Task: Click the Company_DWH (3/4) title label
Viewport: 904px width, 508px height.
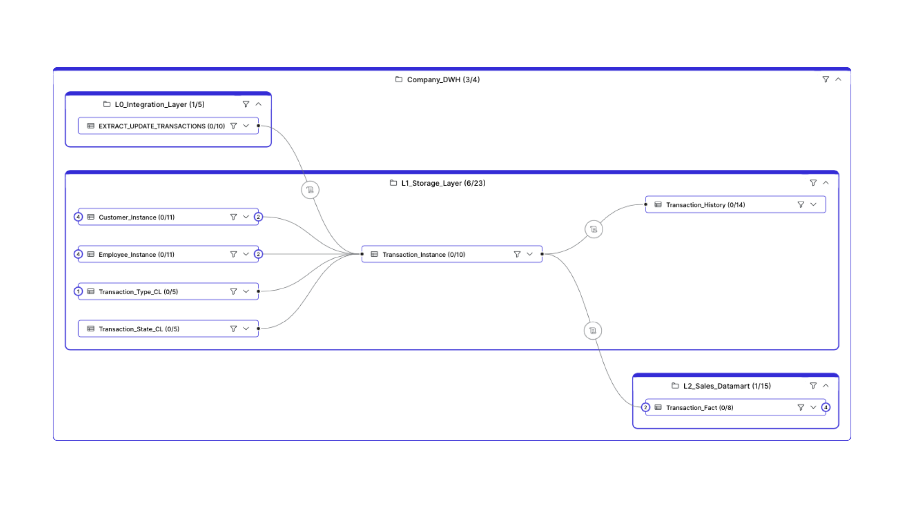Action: coord(443,79)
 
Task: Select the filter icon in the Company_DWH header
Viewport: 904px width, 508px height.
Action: coord(825,79)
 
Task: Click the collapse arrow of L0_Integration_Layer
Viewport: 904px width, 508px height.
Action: coord(258,104)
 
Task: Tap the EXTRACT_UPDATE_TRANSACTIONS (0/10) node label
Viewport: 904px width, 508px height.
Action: coord(161,126)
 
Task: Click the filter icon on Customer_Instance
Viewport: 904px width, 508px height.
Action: coord(233,217)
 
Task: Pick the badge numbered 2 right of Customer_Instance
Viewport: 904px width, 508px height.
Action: coord(258,217)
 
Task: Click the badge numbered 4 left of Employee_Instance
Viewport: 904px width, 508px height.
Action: coord(78,254)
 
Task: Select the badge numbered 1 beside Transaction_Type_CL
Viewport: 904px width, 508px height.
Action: coord(78,292)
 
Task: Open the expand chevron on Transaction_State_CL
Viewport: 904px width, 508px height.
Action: coord(246,329)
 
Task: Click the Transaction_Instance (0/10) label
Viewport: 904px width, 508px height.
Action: coord(424,254)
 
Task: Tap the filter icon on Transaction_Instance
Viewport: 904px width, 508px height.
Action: coord(517,254)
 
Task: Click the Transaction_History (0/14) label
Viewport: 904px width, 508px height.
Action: coord(705,205)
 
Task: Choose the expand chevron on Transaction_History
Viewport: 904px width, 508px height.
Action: coord(813,205)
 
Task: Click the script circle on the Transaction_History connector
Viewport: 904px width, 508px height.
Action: coord(593,229)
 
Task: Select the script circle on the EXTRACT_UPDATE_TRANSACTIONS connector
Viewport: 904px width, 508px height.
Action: coord(310,190)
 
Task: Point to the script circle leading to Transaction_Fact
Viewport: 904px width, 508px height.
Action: coord(592,331)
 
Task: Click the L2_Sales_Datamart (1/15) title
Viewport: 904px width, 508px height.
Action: coord(727,386)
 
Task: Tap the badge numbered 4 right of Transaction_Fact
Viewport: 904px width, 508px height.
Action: coord(825,407)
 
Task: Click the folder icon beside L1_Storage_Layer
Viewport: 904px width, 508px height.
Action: coord(393,183)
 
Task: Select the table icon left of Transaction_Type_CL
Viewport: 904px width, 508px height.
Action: coord(91,292)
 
